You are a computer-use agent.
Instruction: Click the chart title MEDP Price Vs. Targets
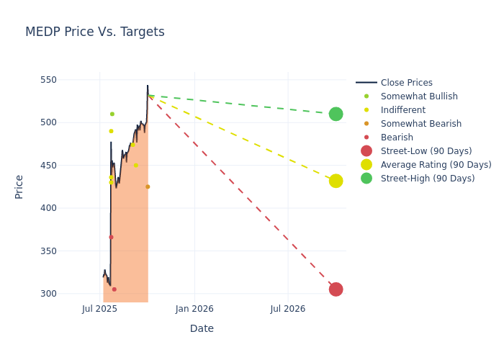[x=95, y=32]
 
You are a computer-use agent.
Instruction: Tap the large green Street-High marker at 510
[x=336, y=114]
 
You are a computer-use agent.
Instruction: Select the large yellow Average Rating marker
[x=336, y=181]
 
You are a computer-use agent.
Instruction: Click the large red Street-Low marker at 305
[x=336, y=289]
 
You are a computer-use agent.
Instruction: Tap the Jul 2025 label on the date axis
[x=99, y=309]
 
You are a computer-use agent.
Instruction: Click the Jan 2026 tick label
[x=194, y=309]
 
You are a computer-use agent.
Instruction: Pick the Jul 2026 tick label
[x=288, y=309]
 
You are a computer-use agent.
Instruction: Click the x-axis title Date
[x=202, y=328]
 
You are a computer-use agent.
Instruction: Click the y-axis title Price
[x=19, y=186]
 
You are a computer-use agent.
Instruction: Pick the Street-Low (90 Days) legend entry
[x=426, y=151]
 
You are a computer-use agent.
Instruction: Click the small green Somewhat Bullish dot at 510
[x=112, y=114]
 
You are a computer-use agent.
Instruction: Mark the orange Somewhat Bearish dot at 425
[x=148, y=186]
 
